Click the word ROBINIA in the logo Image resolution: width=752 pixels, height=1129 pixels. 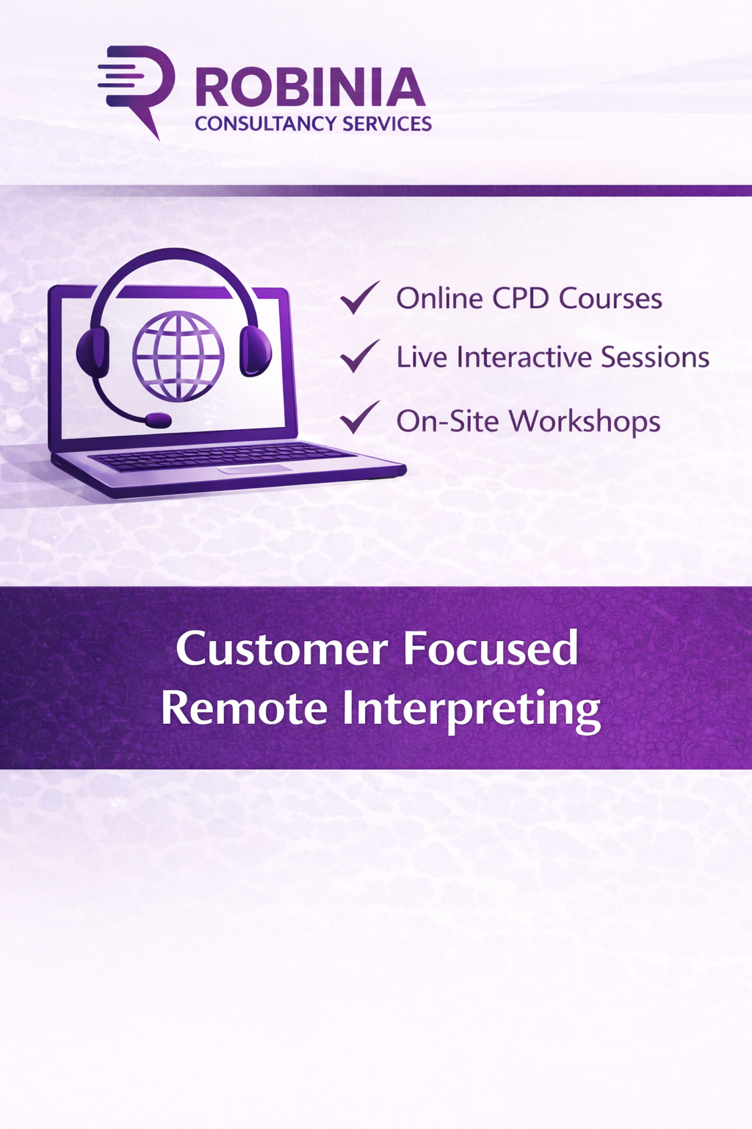coord(310,88)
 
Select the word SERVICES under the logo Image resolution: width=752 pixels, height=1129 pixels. coord(386,123)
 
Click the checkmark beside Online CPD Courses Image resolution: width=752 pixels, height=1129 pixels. coord(359,298)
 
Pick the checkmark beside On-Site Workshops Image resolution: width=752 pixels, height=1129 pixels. coord(359,417)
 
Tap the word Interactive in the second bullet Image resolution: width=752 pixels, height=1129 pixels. coord(524,357)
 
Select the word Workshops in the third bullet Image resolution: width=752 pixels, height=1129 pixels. coord(585,422)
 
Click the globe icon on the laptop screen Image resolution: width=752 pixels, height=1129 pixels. coord(178,356)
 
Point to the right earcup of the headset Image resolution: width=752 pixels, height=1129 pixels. coord(255,350)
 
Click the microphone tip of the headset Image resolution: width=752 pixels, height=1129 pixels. coord(158,420)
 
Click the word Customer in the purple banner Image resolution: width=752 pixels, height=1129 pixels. coord(282,649)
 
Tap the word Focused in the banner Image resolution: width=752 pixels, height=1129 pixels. coord(490,649)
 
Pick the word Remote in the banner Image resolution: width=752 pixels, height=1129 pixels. coord(244,709)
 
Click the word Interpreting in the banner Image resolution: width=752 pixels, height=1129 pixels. coord(471,710)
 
